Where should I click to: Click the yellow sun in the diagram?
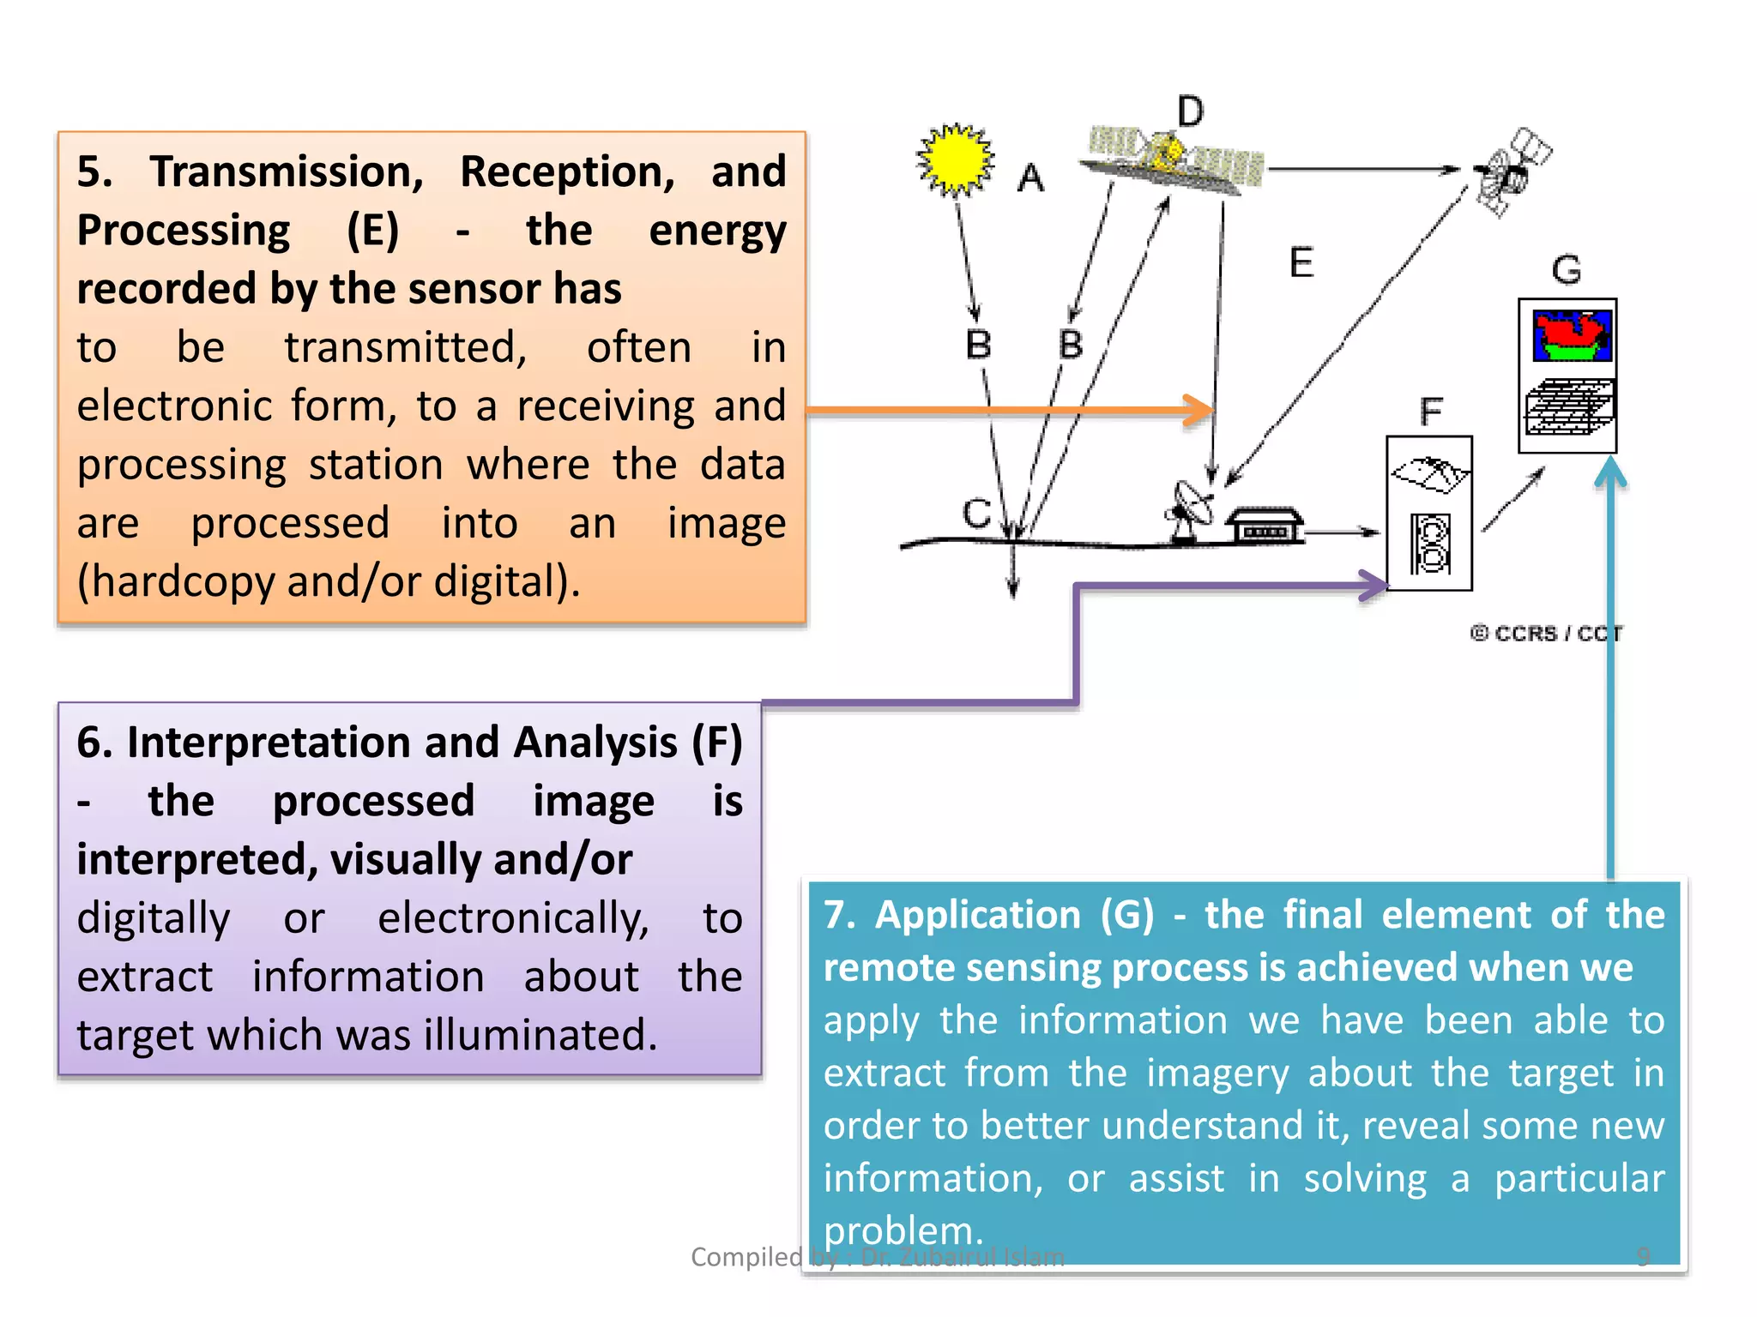955,160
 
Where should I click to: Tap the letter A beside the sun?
1030,179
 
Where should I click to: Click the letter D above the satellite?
1190,111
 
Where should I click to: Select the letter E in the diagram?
1301,262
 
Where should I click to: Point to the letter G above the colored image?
1567,270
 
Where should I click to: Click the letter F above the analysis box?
1430,412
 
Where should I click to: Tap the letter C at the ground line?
976,514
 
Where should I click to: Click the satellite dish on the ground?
1191,511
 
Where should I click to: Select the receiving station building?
1265,525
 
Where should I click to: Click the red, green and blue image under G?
1572,335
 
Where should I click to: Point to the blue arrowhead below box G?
1611,472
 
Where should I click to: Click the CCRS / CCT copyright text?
1546,634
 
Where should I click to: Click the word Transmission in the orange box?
287,171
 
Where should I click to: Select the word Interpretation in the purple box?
312,743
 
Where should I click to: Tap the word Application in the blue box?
977,915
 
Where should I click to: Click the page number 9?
1642,1256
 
